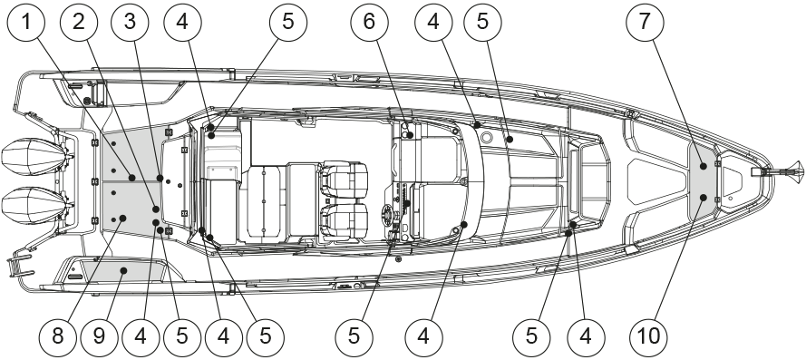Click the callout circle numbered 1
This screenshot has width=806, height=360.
[26, 22]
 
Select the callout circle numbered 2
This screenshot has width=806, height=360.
[79, 22]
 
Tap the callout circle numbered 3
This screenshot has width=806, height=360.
[130, 22]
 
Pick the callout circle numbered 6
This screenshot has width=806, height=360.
[370, 22]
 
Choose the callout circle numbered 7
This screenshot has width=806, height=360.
[646, 22]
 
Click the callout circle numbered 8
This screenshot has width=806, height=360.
[58, 336]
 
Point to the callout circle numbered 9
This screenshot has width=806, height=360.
[99, 336]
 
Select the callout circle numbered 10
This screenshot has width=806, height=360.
[649, 336]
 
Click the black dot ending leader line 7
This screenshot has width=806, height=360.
[704, 166]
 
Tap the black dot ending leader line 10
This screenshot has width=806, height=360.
[704, 198]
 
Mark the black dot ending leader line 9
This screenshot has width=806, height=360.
[123, 269]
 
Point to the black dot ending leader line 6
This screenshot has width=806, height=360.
[410, 135]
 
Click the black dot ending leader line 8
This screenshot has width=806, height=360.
[123, 219]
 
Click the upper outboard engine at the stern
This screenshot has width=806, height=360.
[35, 159]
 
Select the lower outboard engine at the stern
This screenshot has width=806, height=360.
[35, 206]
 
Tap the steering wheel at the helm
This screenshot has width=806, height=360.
[391, 214]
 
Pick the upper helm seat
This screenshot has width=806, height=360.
[344, 180]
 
